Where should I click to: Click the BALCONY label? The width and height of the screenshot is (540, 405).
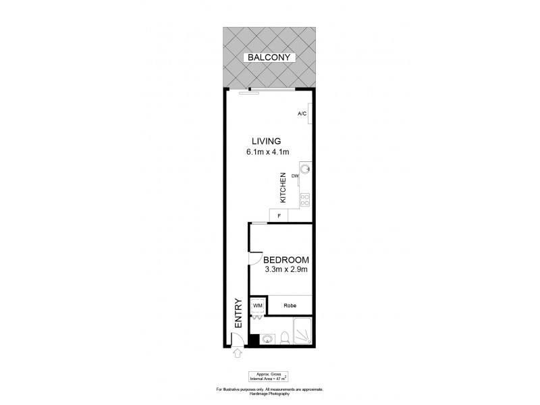click(269, 58)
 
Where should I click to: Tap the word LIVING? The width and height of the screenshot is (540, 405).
click(266, 141)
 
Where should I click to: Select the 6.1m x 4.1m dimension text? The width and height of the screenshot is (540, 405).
click(267, 152)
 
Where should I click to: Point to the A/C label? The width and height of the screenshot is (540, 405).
click(302, 113)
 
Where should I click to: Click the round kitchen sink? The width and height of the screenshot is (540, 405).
click(304, 169)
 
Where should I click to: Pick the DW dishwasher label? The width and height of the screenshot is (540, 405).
click(295, 177)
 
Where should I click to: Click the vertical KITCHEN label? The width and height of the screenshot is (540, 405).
click(284, 189)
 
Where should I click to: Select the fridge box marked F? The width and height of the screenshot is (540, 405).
click(279, 215)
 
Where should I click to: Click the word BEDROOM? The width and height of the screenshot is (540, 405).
click(286, 260)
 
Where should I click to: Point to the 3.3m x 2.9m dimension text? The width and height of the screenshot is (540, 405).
click(286, 271)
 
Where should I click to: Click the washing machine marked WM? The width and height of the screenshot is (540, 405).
click(257, 306)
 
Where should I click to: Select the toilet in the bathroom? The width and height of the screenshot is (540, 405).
click(285, 337)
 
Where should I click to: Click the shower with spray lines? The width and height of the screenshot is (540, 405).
click(304, 331)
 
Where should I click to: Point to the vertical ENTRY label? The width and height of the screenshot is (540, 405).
click(237, 314)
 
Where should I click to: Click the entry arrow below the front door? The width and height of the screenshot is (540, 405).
click(237, 352)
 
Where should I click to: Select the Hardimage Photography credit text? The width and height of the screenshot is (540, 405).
click(269, 394)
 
